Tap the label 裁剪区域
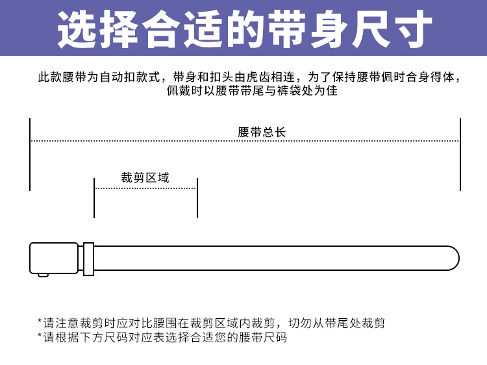tap(145, 177)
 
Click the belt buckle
tap(53, 258)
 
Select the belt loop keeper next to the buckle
tap(88, 258)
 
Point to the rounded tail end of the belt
tap(451, 258)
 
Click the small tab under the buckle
tap(43, 275)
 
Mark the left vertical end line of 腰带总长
tap(30, 155)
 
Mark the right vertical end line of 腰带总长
tap(460, 155)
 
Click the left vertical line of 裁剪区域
tap(94, 198)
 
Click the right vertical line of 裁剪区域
tap(197, 198)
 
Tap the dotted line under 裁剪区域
tap(145, 188)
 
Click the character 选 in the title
tap(77, 29)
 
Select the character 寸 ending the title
tap(412, 29)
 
